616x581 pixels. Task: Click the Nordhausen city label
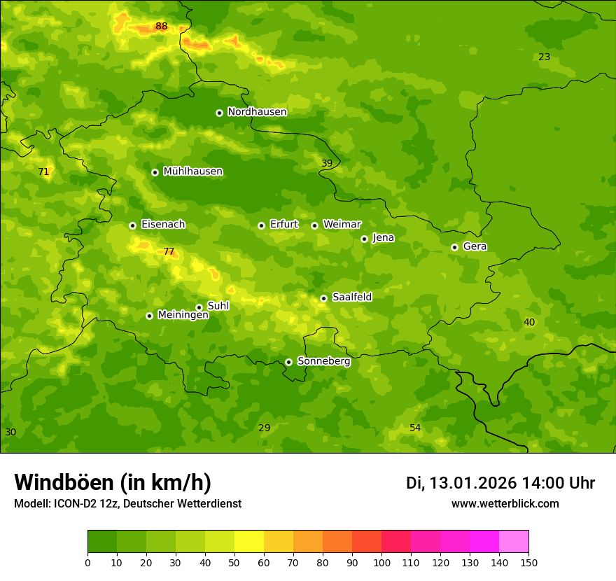click(257, 112)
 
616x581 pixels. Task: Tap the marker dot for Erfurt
click(261, 225)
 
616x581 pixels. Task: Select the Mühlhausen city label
click(192, 171)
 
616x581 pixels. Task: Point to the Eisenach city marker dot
click(132, 225)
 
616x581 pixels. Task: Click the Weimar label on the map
click(342, 225)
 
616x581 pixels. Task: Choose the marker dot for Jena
click(364, 239)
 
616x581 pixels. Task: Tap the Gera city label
click(475, 246)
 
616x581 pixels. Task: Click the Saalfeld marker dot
click(323, 298)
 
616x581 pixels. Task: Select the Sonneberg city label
click(323, 361)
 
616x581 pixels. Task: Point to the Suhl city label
click(218, 306)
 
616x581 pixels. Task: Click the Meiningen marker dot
click(149, 316)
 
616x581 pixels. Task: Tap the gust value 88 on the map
click(162, 27)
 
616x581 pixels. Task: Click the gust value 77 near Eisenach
click(169, 252)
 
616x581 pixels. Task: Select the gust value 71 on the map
click(43, 172)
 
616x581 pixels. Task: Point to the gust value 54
click(415, 428)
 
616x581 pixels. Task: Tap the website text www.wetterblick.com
click(505, 503)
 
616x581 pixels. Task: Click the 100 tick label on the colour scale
click(381, 563)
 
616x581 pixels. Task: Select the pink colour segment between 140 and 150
click(514, 542)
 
